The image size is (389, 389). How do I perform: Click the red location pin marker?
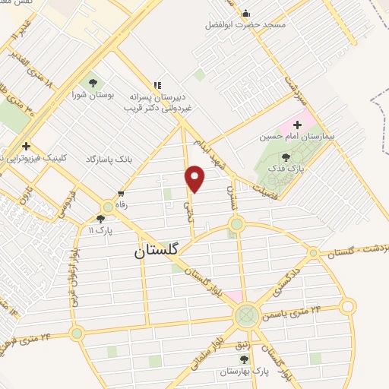(x=195, y=179)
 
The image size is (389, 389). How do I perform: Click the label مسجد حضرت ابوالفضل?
(x=245, y=25)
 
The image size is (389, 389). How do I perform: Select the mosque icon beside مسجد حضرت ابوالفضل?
(x=245, y=13)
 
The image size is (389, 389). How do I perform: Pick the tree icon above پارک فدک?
(x=286, y=157)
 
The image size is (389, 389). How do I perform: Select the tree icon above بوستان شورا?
(x=93, y=82)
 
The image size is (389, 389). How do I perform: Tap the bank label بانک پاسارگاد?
(x=111, y=159)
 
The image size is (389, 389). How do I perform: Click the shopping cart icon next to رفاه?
(x=120, y=194)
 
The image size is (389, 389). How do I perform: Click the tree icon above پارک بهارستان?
(x=244, y=360)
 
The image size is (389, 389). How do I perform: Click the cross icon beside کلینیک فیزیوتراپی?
(x=27, y=146)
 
